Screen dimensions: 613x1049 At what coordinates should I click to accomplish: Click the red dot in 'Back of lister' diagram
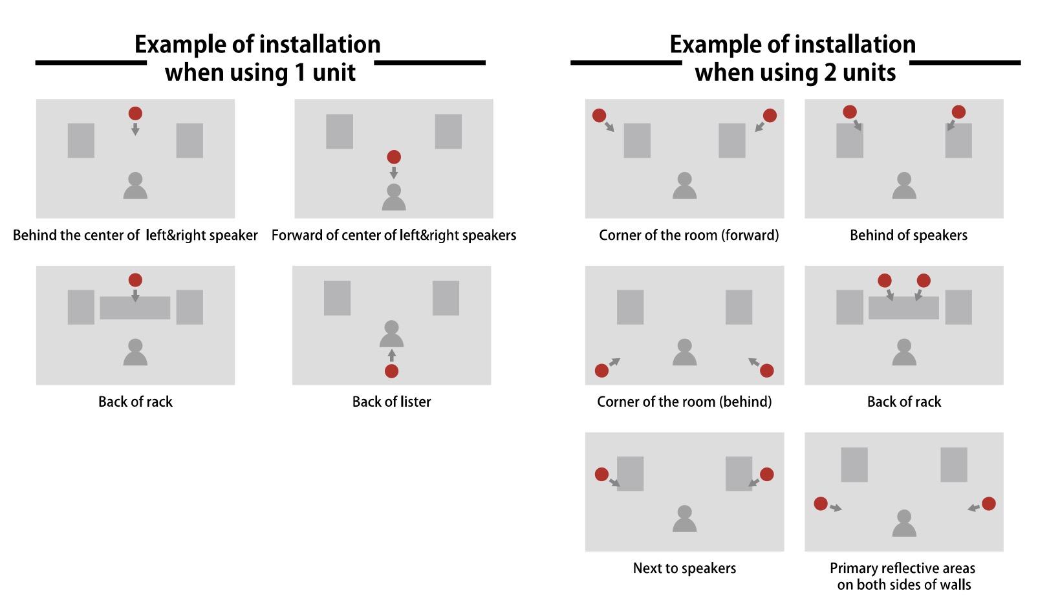point(391,371)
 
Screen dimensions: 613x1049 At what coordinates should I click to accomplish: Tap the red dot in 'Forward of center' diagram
point(394,157)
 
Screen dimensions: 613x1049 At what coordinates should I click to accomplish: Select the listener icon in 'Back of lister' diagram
point(391,334)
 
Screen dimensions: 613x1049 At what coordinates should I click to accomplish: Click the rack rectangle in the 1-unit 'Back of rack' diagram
point(135,308)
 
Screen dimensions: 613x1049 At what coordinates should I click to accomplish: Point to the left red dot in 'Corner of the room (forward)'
point(600,116)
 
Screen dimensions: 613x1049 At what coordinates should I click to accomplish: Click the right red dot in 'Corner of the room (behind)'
point(767,371)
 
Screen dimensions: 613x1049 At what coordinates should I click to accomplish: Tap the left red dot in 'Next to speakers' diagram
point(601,474)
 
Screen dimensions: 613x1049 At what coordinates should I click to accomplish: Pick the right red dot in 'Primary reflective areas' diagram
point(988,504)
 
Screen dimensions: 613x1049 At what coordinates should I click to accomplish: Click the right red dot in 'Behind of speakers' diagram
point(958,112)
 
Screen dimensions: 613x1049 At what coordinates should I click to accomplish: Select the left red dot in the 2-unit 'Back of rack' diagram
point(885,281)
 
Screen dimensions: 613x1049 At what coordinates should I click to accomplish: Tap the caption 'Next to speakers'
point(684,568)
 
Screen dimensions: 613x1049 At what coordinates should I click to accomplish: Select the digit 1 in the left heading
point(299,72)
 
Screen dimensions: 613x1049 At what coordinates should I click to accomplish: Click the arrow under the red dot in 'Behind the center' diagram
point(135,129)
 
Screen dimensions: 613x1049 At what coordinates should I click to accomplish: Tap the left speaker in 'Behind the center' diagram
point(81,140)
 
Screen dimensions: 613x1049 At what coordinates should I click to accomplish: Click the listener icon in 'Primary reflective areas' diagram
point(904,523)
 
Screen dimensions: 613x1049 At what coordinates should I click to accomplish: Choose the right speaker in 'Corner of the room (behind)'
point(739,307)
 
